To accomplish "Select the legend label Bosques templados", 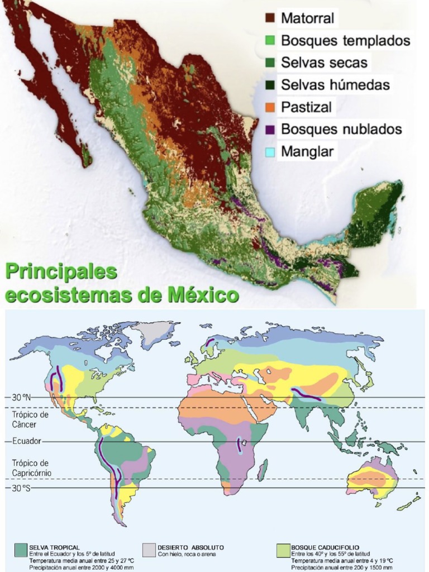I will (345, 41).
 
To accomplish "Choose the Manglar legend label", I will (307, 151).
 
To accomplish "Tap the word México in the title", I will (205, 294).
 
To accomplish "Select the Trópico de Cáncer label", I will (30, 420).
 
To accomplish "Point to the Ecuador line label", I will (27, 441).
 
